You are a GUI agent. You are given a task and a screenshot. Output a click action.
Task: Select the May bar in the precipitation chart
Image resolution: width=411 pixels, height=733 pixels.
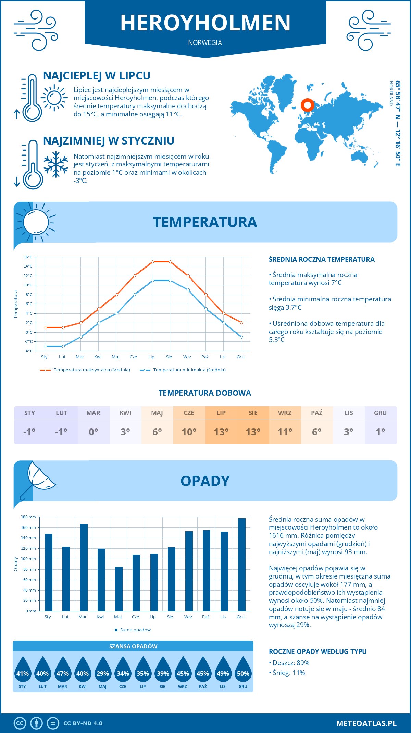click(119, 589)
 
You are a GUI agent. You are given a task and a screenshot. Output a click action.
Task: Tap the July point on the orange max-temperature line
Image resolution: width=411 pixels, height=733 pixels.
click(152, 262)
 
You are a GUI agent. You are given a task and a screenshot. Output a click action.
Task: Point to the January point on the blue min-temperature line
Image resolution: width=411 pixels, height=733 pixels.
click(45, 346)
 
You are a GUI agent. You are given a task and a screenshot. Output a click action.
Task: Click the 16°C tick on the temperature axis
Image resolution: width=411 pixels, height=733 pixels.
click(28, 257)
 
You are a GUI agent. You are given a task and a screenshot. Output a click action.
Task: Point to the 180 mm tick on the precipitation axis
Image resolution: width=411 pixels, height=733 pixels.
click(28, 517)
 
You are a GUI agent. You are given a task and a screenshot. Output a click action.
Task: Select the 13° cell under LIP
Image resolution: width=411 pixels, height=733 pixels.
click(221, 432)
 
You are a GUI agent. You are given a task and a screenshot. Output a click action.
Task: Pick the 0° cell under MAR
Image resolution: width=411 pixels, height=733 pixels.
click(94, 432)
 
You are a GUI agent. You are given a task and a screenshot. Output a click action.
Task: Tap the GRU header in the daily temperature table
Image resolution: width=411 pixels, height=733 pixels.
click(380, 413)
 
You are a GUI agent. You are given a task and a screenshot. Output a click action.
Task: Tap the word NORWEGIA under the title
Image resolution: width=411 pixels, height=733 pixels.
click(205, 42)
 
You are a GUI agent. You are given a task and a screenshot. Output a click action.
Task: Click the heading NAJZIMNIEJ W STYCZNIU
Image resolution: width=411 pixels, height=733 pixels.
click(109, 141)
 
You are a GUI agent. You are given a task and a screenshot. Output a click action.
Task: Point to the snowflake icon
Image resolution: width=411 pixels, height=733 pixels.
click(56, 164)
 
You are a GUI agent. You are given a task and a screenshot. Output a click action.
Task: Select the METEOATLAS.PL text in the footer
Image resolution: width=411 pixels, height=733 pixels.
click(366, 723)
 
